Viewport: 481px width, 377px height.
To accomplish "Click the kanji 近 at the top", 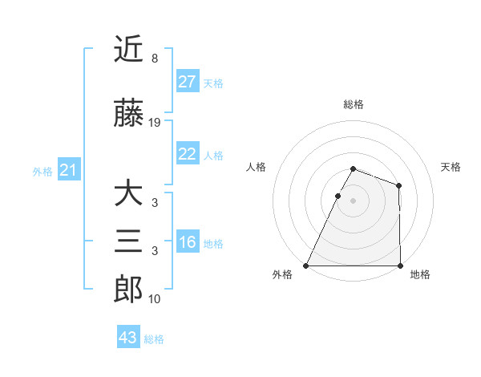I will coord(128,49).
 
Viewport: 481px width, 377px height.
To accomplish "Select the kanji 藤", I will coord(128,115).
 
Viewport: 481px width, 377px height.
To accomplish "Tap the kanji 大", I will coord(128,195).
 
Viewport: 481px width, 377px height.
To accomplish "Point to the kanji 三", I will coord(128,241).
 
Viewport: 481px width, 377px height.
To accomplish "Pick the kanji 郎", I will coord(128,289).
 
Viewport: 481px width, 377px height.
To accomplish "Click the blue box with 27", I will coord(187,82).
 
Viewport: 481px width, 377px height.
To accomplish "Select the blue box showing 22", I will coord(187,154).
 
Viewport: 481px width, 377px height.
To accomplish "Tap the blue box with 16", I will coord(187,242).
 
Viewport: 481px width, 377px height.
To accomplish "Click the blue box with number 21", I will coord(68,170).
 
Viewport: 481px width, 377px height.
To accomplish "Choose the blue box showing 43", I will coord(128,338).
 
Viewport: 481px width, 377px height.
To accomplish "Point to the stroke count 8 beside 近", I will coord(154,59).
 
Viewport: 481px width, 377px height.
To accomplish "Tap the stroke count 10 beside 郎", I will coord(155,299).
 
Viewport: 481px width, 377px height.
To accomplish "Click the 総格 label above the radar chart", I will coord(354,104).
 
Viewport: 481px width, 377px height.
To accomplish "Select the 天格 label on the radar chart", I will coord(451,167).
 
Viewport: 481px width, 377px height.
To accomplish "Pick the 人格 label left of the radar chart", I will coord(256,167).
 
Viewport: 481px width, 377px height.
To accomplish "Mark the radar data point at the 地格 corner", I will coord(400,266).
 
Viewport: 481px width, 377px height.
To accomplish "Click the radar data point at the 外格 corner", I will coord(306,266).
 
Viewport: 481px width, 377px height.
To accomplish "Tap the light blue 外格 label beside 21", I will coord(42,171).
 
